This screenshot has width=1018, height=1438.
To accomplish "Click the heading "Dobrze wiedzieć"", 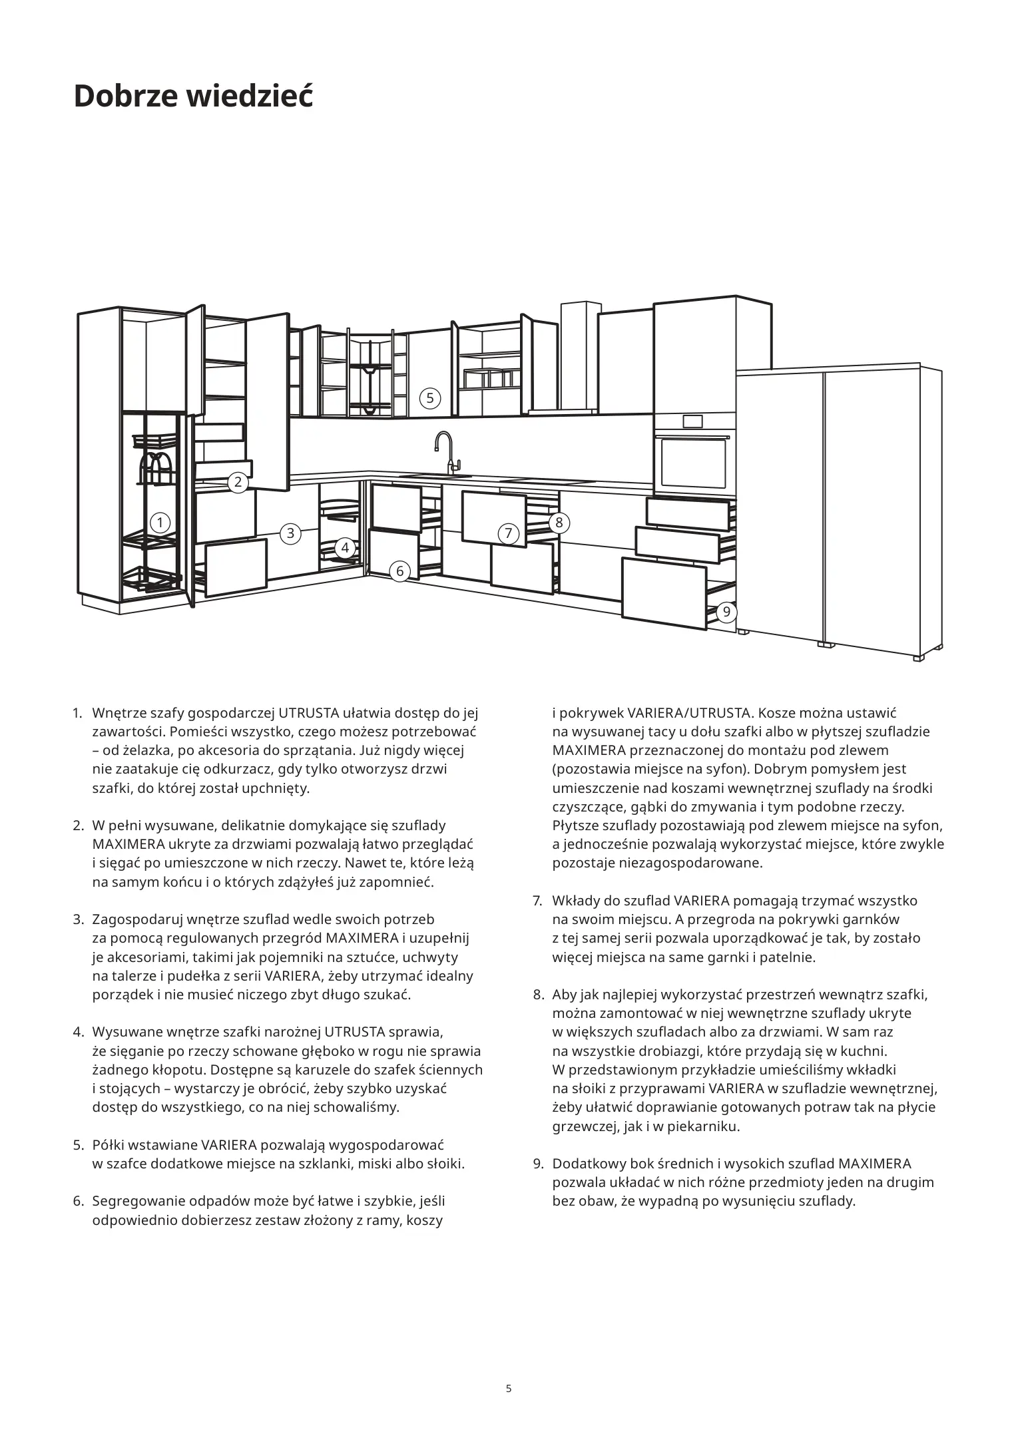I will click(x=193, y=97).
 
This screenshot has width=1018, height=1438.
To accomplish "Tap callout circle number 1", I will click(x=160, y=523).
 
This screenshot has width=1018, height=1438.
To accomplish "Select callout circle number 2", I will click(x=238, y=482).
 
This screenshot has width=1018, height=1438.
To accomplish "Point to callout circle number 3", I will click(x=290, y=533).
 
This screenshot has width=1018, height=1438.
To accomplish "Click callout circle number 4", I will click(x=345, y=549).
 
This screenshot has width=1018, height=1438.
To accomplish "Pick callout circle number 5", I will click(x=430, y=398).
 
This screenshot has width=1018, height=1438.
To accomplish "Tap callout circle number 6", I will click(x=399, y=571).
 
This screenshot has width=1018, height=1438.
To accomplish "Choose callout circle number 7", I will click(x=509, y=533).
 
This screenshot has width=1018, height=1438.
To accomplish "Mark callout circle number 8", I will click(x=559, y=523).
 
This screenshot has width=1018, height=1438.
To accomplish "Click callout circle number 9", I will click(x=726, y=612).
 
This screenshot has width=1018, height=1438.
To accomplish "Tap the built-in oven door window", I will click(x=693, y=463).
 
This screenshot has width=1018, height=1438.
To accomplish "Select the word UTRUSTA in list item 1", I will click(x=308, y=713).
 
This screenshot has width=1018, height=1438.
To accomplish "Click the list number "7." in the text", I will click(x=537, y=901).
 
